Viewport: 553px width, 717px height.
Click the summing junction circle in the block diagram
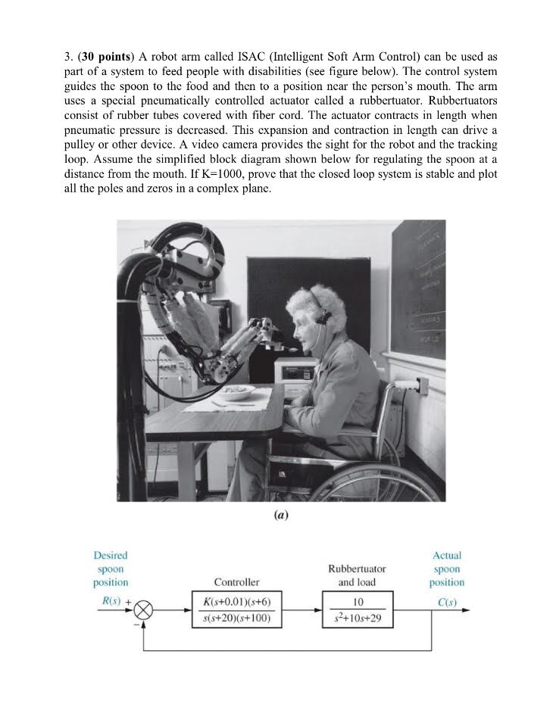[144, 609]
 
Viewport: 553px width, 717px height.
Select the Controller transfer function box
[236, 609]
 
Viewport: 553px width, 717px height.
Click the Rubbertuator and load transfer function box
[358, 609]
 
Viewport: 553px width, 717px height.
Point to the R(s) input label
[106, 601]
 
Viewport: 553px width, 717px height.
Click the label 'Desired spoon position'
[111, 569]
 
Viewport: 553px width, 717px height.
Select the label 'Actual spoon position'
[446, 569]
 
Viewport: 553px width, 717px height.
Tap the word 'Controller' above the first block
[236, 582]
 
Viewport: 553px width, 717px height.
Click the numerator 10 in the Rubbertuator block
[358, 602]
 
